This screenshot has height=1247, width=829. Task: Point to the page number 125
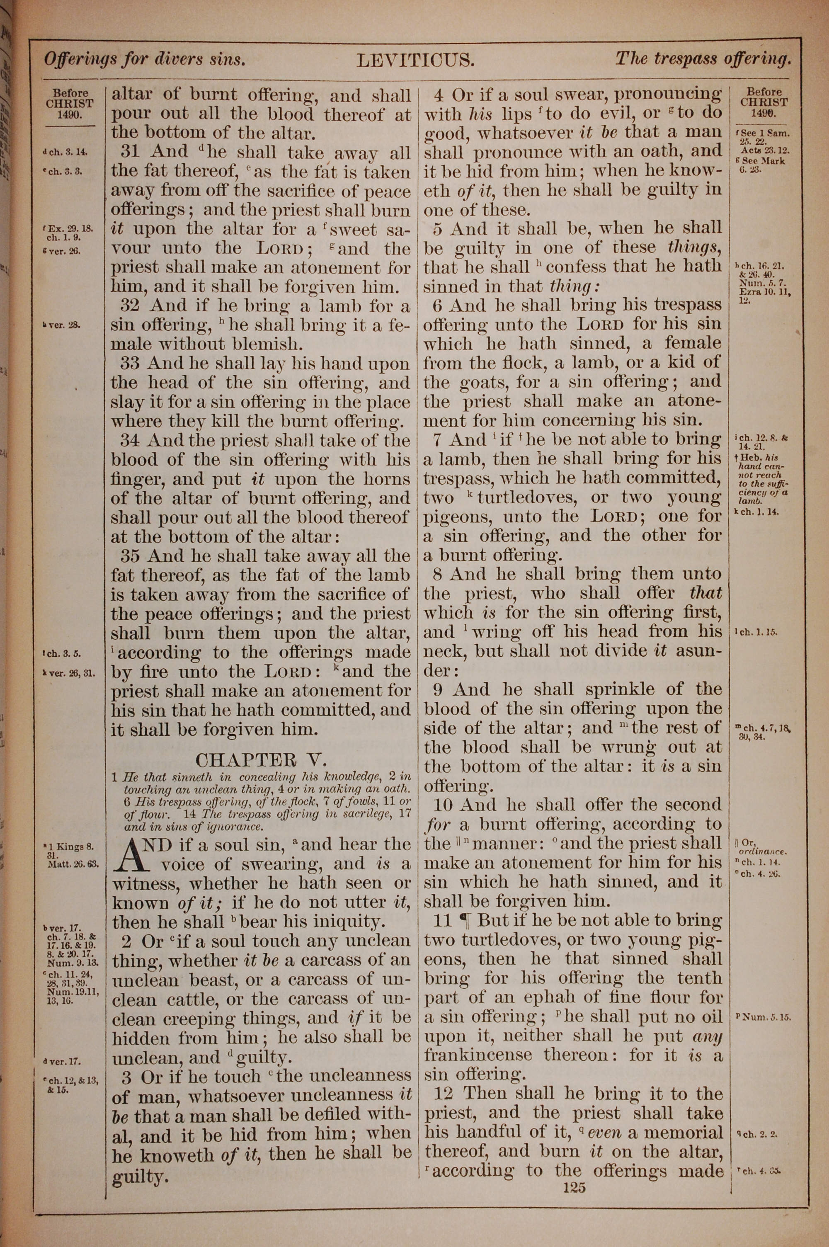point(574,1187)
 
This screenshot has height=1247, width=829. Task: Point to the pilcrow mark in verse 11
point(466,920)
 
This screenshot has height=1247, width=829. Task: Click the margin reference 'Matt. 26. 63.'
point(73,865)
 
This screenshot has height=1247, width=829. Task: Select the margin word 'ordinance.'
point(764,852)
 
